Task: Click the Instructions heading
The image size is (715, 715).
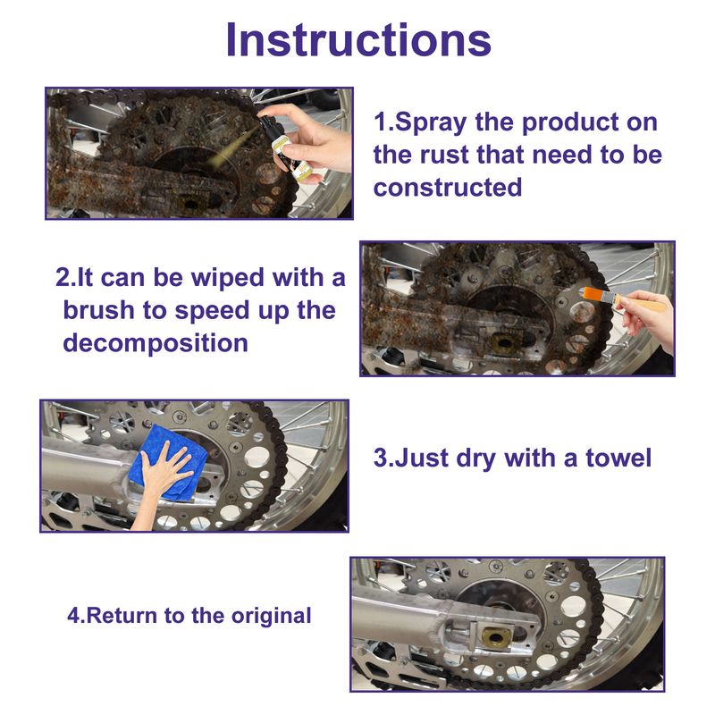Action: pos(357,40)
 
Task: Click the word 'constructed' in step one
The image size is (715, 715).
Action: pos(448,188)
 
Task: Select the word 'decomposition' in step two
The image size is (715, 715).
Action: pos(155,343)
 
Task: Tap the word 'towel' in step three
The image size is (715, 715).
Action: pos(618,458)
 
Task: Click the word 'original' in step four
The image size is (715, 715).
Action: pos(272,616)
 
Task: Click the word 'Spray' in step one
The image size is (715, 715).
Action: pos(433,122)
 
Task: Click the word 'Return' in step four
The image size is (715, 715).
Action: pos(123,616)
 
